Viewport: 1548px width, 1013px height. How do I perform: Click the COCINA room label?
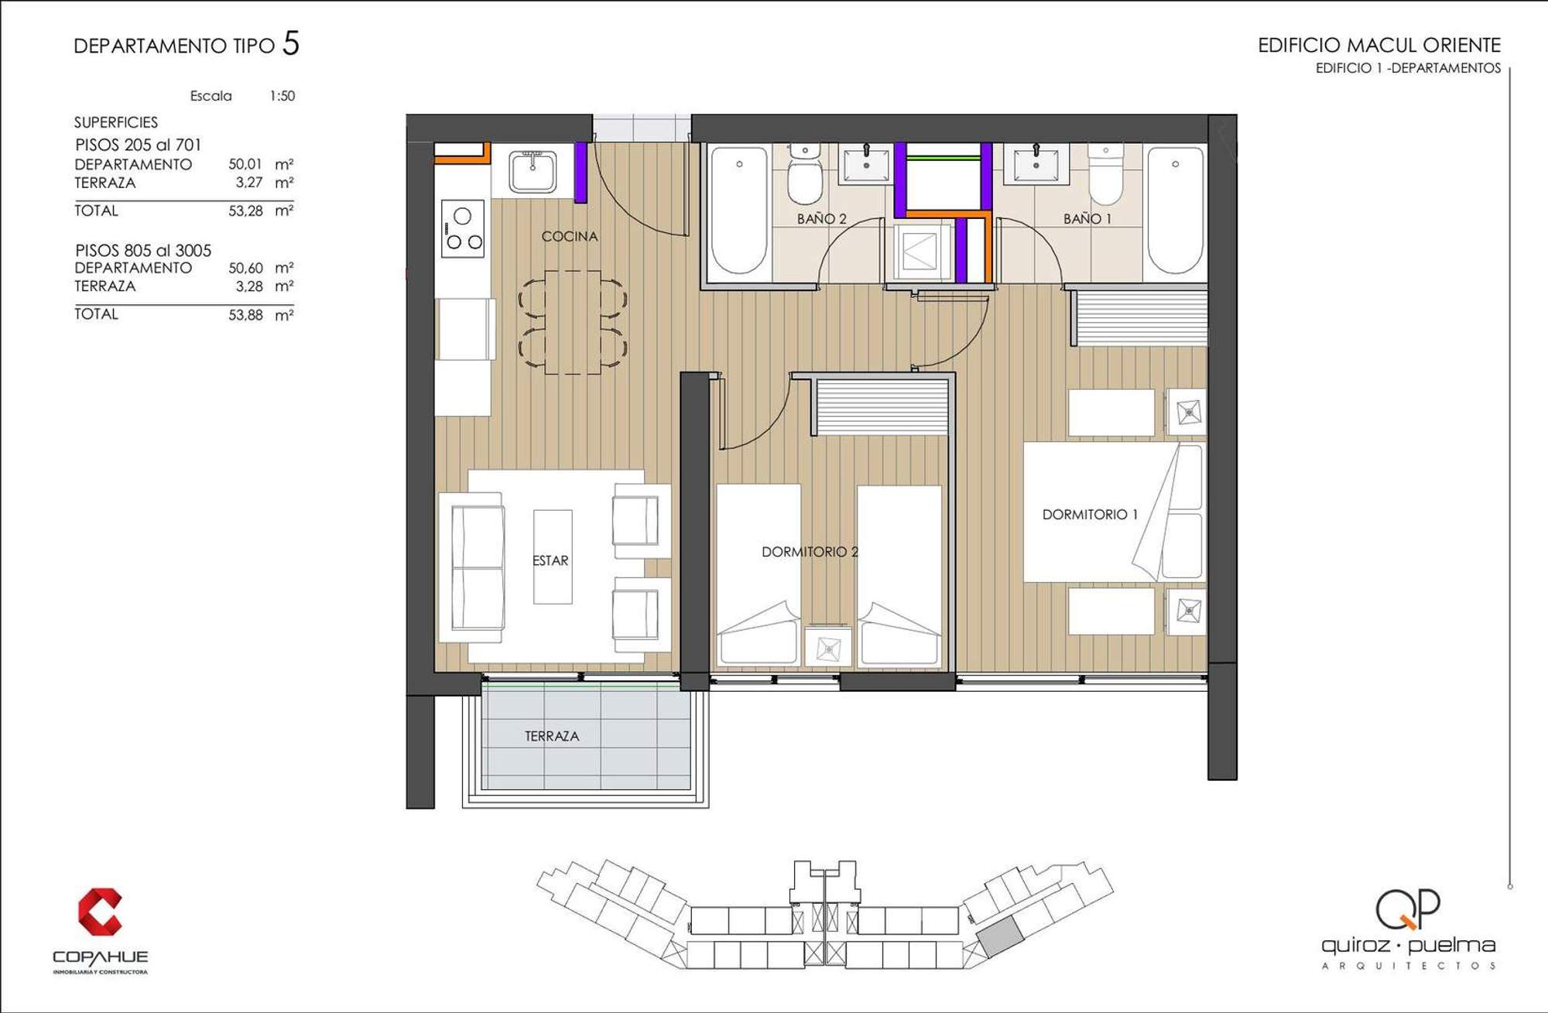tap(570, 236)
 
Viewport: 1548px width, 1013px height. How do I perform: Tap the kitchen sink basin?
tap(533, 172)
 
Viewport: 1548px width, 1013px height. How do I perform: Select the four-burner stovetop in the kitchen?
tap(463, 228)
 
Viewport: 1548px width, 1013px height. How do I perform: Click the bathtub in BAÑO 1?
tap(1175, 210)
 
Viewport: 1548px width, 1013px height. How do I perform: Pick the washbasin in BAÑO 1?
tap(1036, 163)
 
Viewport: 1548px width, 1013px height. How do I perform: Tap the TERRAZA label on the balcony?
tap(552, 736)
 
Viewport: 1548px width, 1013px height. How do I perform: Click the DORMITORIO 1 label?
tap(1090, 515)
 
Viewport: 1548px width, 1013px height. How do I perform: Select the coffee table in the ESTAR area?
tap(553, 556)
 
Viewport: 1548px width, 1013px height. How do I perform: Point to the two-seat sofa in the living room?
tap(473, 567)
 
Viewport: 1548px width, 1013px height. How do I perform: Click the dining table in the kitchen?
tap(573, 322)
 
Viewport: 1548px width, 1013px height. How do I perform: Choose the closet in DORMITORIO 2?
tap(882, 406)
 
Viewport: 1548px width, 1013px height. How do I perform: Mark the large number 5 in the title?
tap(291, 43)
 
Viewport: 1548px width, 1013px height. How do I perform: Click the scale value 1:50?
tap(283, 96)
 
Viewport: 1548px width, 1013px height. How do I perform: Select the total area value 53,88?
tap(245, 315)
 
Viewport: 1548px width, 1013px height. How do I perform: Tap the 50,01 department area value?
tap(245, 164)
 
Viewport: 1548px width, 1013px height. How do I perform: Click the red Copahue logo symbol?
tap(100, 912)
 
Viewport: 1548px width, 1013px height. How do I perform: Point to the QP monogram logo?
tap(1408, 909)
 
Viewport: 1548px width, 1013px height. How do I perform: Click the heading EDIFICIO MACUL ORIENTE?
tap(1379, 45)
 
